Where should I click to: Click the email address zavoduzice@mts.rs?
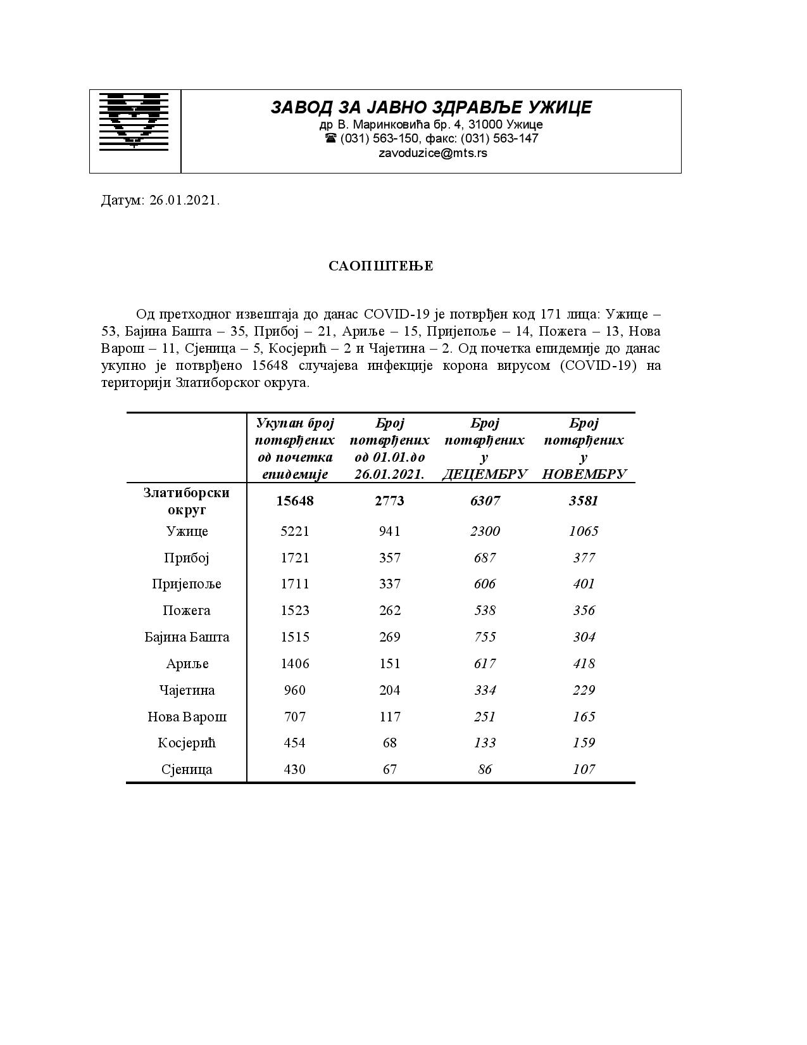[x=432, y=153]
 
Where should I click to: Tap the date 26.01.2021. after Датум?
[x=185, y=201]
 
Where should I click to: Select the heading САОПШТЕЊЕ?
[x=381, y=266]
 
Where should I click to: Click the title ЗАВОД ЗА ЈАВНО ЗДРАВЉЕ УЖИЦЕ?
[x=431, y=107]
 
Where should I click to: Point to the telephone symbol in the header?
[x=330, y=138]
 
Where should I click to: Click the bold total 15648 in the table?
[x=295, y=501]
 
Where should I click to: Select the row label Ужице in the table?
[x=187, y=531]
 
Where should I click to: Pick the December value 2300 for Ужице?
[x=485, y=531]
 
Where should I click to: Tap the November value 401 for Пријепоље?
[x=584, y=584]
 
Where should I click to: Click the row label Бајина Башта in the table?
[x=187, y=637]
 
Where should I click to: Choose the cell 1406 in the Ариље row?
[x=295, y=664]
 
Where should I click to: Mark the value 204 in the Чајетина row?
[x=390, y=690]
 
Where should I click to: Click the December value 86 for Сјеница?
[x=485, y=769]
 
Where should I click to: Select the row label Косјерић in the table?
[x=187, y=743]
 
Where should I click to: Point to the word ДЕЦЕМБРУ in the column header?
[x=485, y=474]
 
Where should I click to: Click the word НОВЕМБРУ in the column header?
[x=584, y=474]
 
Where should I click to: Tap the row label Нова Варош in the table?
[x=187, y=717]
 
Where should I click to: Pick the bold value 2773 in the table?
[x=390, y=501]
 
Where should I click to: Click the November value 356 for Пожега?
[x=584, y=611]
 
